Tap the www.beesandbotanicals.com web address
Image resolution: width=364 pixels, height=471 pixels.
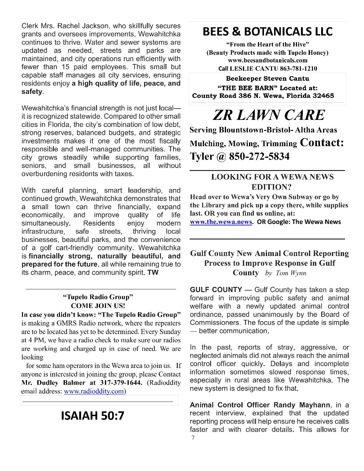tap(268, 60)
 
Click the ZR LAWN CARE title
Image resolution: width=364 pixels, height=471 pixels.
tap(268, 115)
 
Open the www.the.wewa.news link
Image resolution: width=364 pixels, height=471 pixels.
tap(221, 222)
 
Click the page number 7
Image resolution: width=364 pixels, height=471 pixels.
tap(193, 437)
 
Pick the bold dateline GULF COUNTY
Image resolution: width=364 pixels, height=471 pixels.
tap(216, 290)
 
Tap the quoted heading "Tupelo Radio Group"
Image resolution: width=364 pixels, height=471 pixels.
tap(98, 297)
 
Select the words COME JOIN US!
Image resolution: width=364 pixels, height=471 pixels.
tap(98, 306)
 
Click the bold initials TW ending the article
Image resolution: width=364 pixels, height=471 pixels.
tap(153, 273)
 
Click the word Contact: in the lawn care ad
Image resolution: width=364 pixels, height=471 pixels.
tap(322, 143)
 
